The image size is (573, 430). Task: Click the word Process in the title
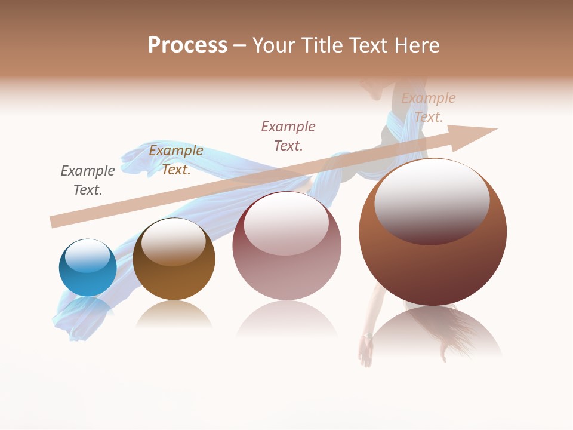[187, 45]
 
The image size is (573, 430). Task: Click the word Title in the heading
[324, 45]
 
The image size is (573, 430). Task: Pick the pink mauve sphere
[286, 263]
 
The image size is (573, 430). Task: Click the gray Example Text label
[88, 180]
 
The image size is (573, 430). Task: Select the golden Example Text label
[176, 160]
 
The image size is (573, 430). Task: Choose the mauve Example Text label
[288, 136]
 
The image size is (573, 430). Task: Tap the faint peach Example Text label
[429, 107]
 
